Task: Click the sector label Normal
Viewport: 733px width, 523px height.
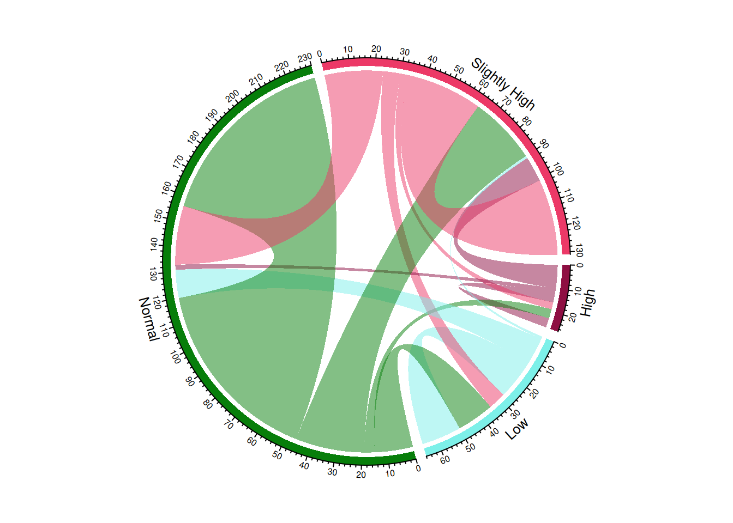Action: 149,319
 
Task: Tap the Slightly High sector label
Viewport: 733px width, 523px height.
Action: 503,83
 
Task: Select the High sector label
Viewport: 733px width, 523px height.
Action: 587,303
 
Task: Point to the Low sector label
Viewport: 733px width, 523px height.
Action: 516,429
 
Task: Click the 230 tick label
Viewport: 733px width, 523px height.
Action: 305,57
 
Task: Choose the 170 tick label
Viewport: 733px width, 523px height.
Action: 178,162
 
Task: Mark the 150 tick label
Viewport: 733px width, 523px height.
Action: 158,215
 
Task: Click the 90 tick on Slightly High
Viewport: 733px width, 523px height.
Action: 543,145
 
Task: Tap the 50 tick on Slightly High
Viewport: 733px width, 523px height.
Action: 459,70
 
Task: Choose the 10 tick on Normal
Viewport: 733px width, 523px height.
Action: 390,473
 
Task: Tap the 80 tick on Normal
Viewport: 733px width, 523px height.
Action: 207,404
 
